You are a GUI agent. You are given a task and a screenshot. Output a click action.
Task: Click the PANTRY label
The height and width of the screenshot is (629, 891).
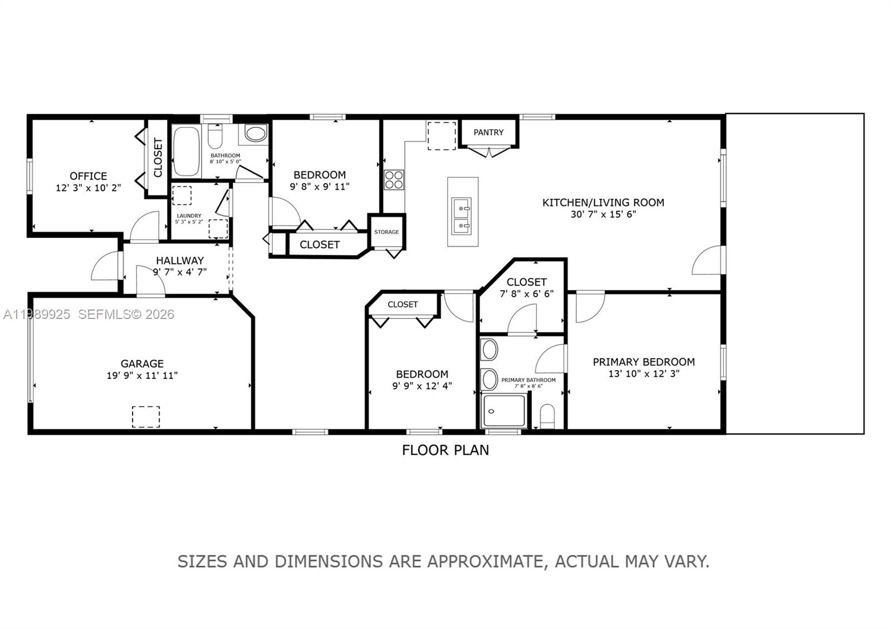(488, 132)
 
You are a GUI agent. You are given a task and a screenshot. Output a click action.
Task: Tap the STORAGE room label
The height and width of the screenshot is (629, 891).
(386, 232)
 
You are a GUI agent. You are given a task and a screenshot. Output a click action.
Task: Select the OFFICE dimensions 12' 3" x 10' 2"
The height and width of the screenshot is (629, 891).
(88, 188)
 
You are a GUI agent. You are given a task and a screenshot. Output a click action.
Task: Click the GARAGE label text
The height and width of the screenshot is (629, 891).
(142, 364)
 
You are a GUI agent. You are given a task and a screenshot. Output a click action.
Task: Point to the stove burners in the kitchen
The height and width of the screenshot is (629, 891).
(394, 180)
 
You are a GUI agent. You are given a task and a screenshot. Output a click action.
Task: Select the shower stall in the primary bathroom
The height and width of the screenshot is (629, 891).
(504, 411)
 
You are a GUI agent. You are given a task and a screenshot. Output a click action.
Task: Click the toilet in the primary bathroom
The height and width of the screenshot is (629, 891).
(547, 416)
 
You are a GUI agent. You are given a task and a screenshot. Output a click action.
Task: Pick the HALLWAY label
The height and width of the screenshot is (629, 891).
(179, 261)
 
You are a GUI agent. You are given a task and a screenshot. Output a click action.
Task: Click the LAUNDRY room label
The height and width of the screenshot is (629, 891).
(189, 216)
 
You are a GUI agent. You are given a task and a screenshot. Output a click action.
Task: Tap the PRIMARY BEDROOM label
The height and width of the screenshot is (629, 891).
(644, 362)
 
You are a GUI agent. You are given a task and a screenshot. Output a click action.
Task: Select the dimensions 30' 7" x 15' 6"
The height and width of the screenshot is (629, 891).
(603, 214)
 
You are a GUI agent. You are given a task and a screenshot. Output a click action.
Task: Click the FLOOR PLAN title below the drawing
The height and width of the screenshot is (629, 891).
(445, 450)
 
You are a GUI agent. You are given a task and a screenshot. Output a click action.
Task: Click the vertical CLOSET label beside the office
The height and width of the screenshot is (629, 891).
(158, 158)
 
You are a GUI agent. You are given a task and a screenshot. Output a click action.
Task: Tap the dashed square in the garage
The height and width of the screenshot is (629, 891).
(146, 417)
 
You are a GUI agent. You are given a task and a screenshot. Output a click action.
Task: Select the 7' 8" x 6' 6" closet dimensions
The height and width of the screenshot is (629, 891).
(526, 294)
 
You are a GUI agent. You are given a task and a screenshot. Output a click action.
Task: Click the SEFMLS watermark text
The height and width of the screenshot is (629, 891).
(126, 314)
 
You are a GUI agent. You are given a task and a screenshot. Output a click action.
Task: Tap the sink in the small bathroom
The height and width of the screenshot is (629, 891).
(256, 134)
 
